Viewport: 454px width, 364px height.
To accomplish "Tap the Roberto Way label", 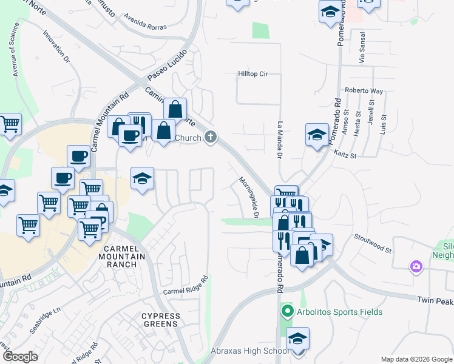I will (364, 91).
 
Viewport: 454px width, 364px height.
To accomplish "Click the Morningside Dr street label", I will (249, 198).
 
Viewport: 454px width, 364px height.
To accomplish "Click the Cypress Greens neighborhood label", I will (161, 320).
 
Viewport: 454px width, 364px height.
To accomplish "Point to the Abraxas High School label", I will (249, 351).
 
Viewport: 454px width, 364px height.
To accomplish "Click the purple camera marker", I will (416, 266).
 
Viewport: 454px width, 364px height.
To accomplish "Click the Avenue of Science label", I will (15, 52).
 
